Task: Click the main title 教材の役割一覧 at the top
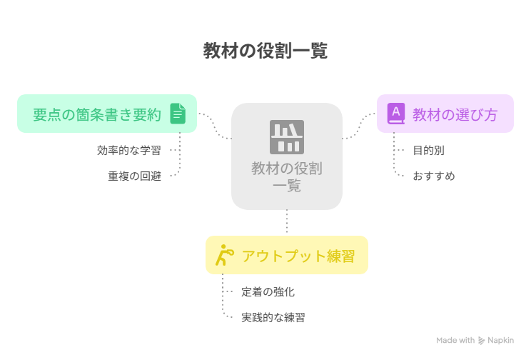coord(265,51)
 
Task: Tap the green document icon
coord(178,114)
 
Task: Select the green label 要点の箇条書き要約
coord(97,114)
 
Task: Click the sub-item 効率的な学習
coord(129,150)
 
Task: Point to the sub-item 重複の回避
coord(134,176)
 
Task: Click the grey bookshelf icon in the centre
coord(287,137)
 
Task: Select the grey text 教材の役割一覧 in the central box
coord(287,176)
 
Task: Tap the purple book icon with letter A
coord(396,114)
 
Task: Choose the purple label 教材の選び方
coord(455,114)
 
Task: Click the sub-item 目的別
coord(428,150)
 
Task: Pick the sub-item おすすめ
coord(434,176)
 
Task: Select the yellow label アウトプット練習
coord(298,256)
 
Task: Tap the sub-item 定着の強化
coord(268,291)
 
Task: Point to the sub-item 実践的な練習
coord(273,317)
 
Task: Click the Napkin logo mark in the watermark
coord(481,340)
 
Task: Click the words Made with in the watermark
coord(455,340)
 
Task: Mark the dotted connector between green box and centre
coord(215,126)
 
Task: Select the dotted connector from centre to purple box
coord(359,126)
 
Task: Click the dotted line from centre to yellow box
coord(287,221)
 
